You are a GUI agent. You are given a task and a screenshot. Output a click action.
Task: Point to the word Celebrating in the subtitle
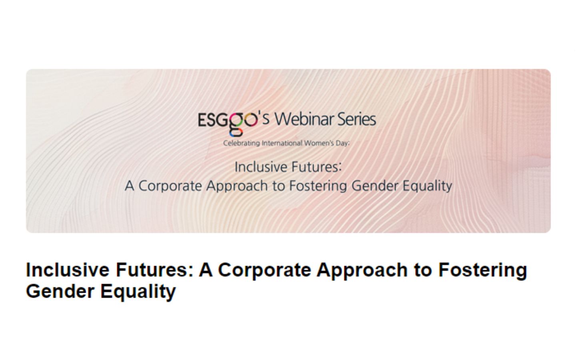pyautogui.click(x=241, y=143)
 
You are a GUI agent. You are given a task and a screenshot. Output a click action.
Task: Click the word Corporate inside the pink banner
pyautogui.click(x=170, y=186)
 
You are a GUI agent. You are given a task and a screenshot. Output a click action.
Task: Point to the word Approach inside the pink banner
pyautogui.click(x=237, y=186)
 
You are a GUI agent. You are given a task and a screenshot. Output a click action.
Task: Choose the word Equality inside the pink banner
pyautogui.click(x=427, y=186)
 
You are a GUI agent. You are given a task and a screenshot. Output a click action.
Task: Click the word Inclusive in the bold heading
pyautogui.click(x=68, y=270)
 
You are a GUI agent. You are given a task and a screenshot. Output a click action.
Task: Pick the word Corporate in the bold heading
pyautogui.click(x=265, y=270)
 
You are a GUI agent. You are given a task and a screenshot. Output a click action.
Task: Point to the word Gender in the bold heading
pyautogui.click(x=60, y=291)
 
